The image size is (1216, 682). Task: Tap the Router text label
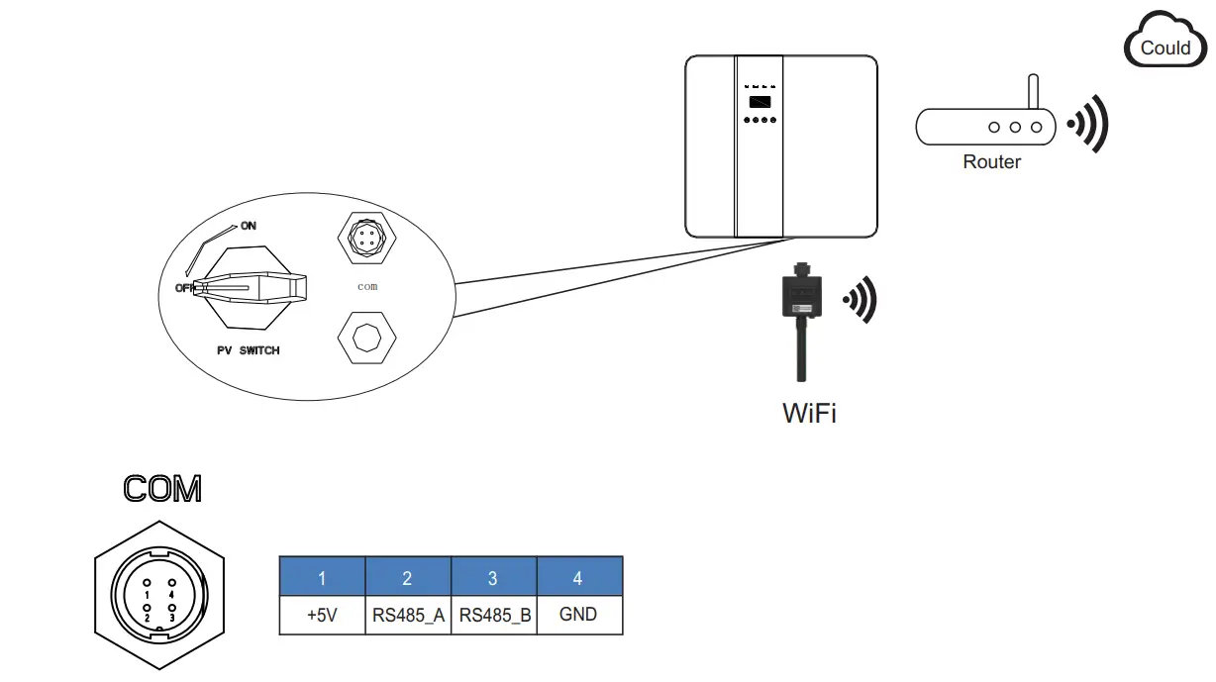tap(991, 162)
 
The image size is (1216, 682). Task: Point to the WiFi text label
tap(809, 413)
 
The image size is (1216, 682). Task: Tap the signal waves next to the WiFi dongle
tap(859, 299)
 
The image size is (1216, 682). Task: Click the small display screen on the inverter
tap(759, 102)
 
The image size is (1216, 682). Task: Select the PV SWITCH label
tap(248, 350)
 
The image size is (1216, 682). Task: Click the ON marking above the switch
tap(248, 226)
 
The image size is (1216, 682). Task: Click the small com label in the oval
tap(367, 286)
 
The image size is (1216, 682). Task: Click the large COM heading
tap(161, 488)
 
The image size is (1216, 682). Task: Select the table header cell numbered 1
tap(322, 576)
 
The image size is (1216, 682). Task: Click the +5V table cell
tap(322, 615)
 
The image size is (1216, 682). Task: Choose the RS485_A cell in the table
tap(408, 615)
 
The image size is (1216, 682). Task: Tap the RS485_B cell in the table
tap(493, 615)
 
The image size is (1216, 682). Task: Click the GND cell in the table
tap(579, 615)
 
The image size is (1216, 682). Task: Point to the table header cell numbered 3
tap(493, 576)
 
